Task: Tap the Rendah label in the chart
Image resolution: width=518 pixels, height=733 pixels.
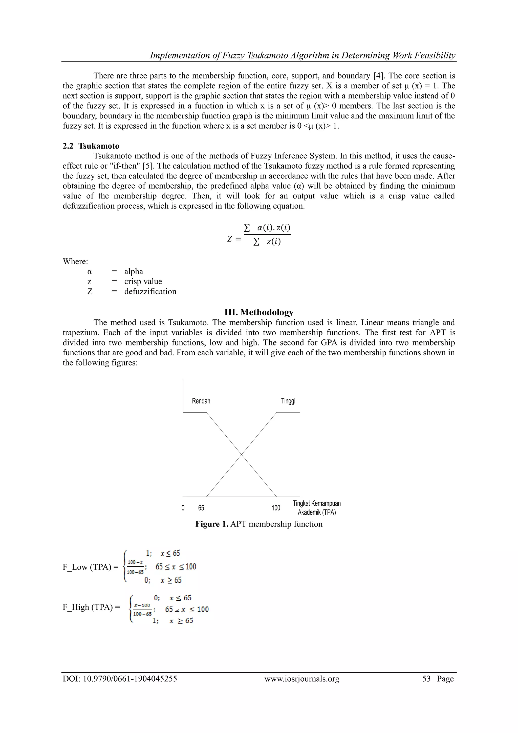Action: (201, 401)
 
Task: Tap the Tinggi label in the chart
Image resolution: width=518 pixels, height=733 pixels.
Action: (288, 401)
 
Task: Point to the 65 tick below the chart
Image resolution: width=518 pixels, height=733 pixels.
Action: (201, 508)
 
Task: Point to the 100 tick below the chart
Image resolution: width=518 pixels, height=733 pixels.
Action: (276, 508)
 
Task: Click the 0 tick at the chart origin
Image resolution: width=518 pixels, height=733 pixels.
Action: (183, 508)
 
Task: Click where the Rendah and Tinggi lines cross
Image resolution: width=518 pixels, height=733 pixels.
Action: (242, 454)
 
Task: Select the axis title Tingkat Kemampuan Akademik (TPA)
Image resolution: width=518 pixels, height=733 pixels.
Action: (316, 508)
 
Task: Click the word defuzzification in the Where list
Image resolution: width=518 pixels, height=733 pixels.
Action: (150, 292)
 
